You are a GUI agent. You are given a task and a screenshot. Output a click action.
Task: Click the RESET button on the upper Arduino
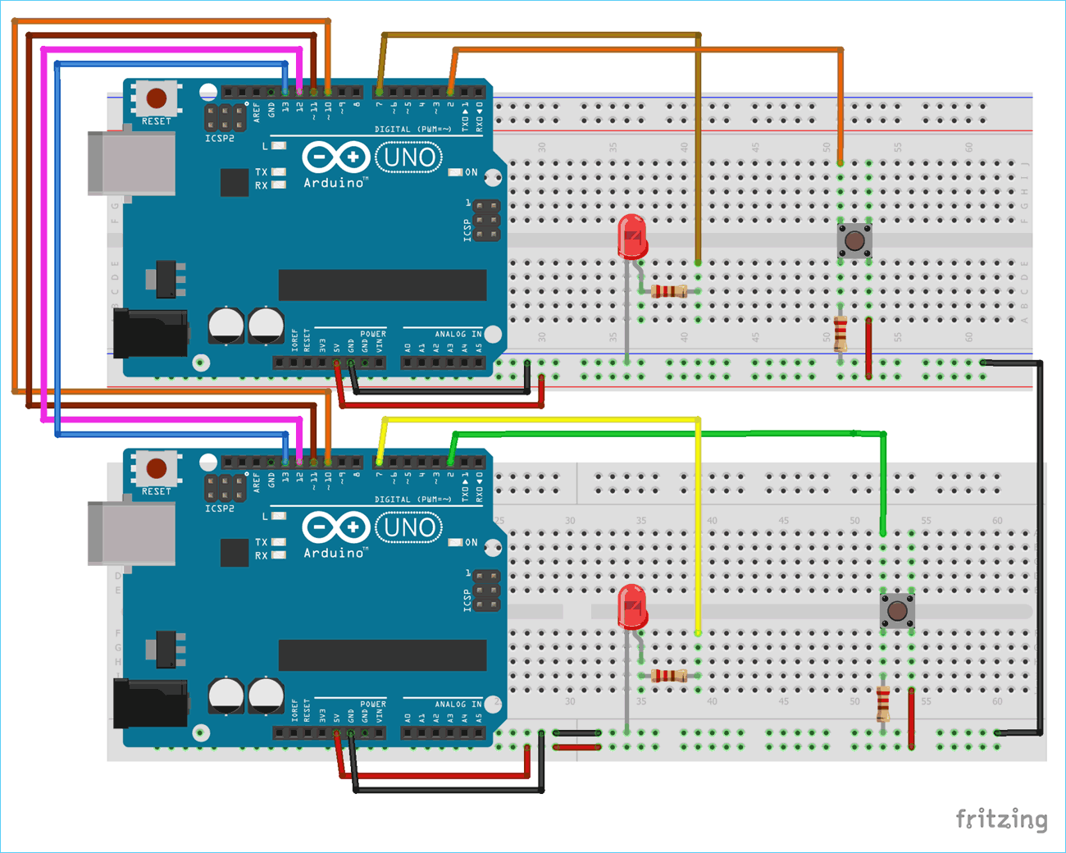pos(157,99)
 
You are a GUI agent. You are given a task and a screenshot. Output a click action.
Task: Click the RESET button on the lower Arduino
pos(157,469)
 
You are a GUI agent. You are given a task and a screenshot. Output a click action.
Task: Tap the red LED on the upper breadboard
pos(631,237)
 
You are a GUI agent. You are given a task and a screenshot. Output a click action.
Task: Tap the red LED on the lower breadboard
pos(631,607)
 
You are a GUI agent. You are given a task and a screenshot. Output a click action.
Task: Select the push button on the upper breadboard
pos(854,241)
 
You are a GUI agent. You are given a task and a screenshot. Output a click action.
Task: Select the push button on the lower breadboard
pos(897,611)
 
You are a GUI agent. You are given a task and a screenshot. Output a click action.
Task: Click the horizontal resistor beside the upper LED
pos(669,291)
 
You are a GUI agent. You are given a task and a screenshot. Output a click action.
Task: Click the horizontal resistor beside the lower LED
pos(669,676)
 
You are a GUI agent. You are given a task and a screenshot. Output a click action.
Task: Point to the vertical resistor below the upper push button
pos(840,332)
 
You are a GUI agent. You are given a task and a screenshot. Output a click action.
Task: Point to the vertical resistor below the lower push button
pos(883,703)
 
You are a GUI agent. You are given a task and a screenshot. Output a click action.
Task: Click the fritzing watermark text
pos(1001,819)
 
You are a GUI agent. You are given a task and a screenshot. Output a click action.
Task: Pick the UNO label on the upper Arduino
pos(408,157)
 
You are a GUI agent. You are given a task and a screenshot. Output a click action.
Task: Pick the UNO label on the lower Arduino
pos(408,527)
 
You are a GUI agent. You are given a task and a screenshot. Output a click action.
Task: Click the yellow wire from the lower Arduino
pos(698,525)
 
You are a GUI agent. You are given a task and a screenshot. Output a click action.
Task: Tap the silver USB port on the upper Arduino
pos(132,164)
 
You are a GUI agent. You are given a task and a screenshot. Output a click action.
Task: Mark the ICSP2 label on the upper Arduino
pos(220,139)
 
